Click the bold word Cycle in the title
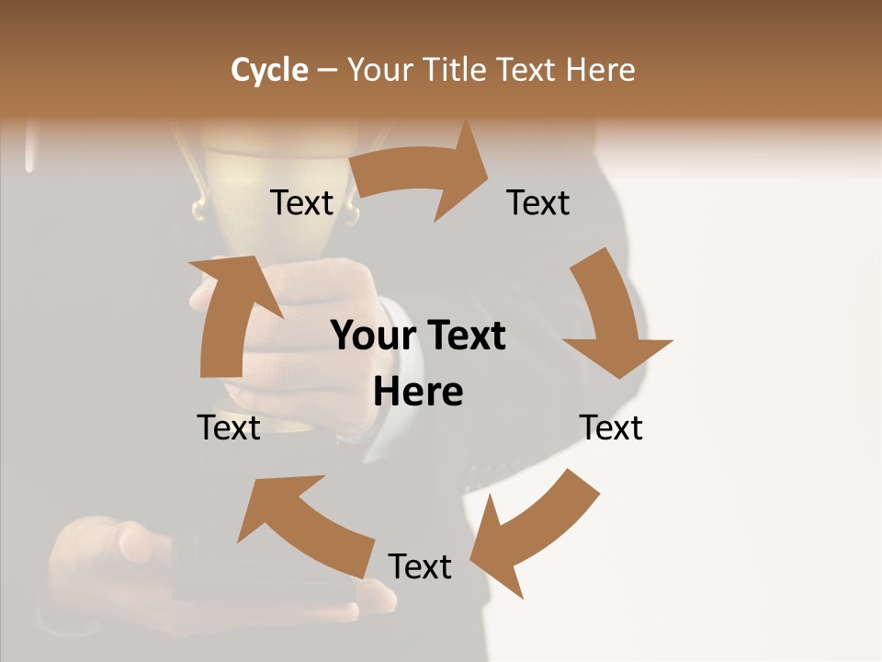point(269,70)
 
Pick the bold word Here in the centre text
point(418,393)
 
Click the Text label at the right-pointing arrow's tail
point(301,203)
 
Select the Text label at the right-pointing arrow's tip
point(538,203)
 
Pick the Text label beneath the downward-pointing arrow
point(611,428)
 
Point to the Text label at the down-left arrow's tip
point(420,566)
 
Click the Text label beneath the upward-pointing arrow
point(229,428)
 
